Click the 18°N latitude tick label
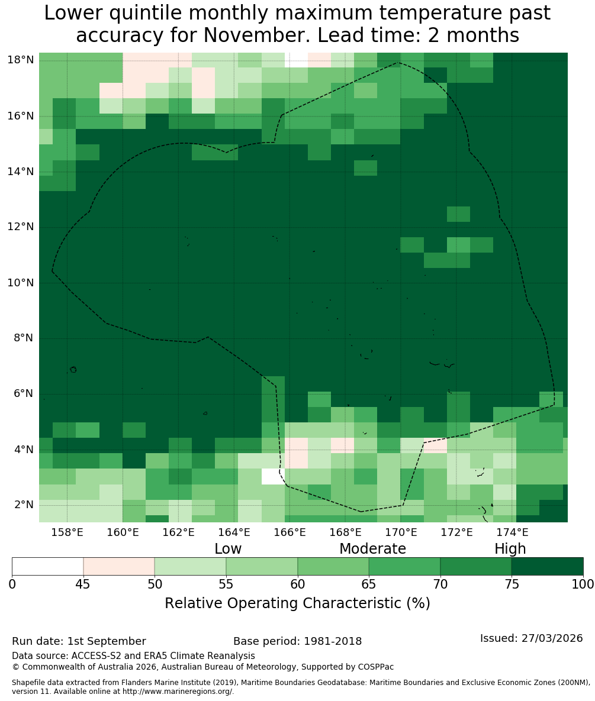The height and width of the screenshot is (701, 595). tap(21, 60)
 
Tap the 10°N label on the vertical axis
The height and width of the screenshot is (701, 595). tap(21, 283)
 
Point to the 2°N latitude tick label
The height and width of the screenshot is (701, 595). tap(24, 505)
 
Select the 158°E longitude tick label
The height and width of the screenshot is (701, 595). tap(67, 532)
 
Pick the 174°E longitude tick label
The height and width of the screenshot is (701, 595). tap(513, 532)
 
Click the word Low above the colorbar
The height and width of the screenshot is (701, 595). tap(228, 548)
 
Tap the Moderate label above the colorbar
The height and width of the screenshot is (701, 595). tap(372, 548)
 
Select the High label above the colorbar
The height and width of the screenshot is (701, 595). tap(510, 549)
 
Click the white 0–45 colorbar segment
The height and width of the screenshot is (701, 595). tap(48, 567)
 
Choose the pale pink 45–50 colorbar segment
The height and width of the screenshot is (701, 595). tap(119, 567)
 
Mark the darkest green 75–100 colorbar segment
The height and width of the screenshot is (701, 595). tap(547, 567)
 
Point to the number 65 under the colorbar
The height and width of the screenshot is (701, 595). tap(369, 584)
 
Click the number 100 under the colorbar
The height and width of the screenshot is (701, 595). tap(583, 584)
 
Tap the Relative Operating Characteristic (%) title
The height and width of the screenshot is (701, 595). tap(297, 603)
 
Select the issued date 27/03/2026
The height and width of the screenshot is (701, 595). tap(552, 638)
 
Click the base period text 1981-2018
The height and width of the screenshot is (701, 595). tap(333, 641)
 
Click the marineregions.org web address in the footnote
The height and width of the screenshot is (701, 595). tap(178, 692)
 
